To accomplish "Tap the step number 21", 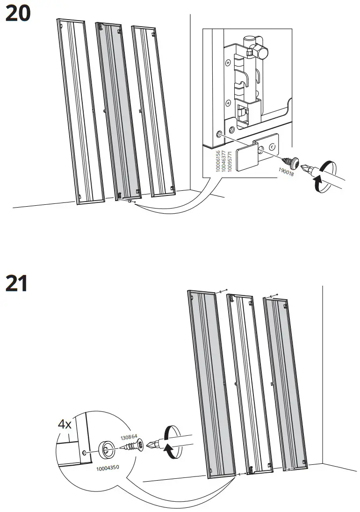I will (x=17, y=284).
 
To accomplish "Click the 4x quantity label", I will (x=65, y=425).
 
